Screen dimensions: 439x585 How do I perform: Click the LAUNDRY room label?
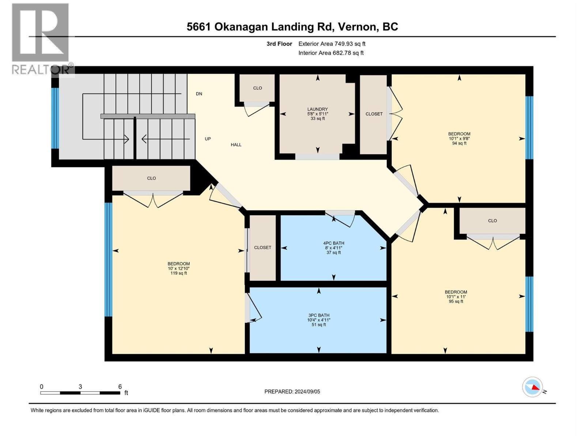[317, 109]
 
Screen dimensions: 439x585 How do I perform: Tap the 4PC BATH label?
[333, 243]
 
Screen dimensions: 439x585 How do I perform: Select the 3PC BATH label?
[318, 315]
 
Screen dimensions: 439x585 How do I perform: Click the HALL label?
[236, 145]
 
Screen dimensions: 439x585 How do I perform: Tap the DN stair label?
[199, 94]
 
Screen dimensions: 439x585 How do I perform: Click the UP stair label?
[208, 139]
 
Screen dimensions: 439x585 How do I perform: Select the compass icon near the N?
[532, 387]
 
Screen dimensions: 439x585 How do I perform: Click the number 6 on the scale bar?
[120, 387]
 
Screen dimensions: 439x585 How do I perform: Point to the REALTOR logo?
[40, 38]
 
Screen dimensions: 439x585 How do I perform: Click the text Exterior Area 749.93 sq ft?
[332, 44]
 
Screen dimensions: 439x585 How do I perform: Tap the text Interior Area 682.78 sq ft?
[331, 53]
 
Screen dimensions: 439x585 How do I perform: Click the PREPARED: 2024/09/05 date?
[292, 392]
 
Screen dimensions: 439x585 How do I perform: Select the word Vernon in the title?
[357, 27]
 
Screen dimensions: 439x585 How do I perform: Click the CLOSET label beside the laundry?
[374, 114]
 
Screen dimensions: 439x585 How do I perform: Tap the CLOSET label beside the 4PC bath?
[263, 248]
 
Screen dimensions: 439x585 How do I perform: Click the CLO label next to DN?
[257, 88]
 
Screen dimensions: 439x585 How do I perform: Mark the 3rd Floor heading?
[279, 44]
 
